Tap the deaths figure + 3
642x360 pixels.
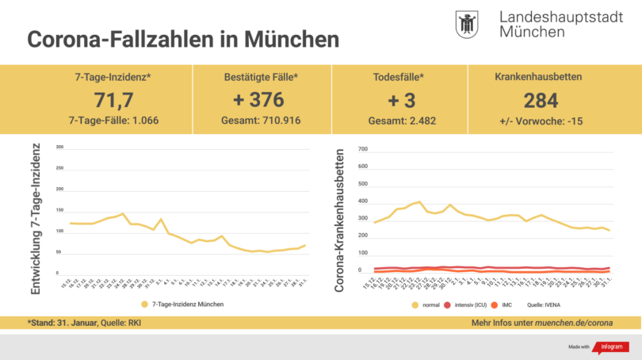tap(399, 101)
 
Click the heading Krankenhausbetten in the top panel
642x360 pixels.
tap(539, 77)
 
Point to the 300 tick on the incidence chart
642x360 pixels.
tap(59, 147)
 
